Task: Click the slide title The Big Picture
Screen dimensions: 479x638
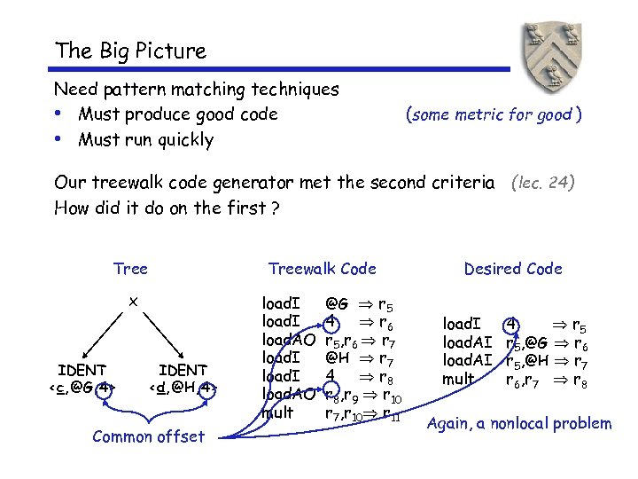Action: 129,51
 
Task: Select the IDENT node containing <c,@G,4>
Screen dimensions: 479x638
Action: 82,378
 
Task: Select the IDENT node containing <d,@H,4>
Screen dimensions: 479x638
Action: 183,378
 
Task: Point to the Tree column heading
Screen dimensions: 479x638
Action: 130,269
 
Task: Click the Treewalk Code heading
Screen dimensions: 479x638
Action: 322,269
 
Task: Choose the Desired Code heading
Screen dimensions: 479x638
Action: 513,269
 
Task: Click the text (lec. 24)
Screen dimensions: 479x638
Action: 543,184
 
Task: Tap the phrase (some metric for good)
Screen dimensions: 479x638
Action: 493,114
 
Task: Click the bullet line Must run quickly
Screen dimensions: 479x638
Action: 145,140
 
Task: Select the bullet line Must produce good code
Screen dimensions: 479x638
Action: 177,114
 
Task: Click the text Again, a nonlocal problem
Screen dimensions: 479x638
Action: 518,423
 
